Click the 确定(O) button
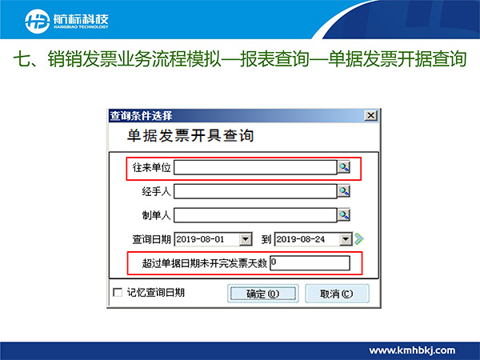(x=262, y=294)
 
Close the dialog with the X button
(x=370, y=116)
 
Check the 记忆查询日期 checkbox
(x=118, y=292)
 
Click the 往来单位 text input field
(x=255, y=167)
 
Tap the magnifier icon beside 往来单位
(x=344, y=167)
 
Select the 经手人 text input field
(x=255, y=191)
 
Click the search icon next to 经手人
(x=344, y=191)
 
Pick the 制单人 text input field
(x=255, y=215)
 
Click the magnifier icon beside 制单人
(x=344, y=215)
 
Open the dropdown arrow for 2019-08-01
(x=246, y=239)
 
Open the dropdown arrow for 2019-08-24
(x=346, y=239)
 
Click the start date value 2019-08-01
(x=201, y=239)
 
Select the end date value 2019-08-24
(x=301, y=239)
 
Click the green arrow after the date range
(x=359, y=238)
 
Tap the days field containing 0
(x=310, y=263)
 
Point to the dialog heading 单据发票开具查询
(x=190, y=136)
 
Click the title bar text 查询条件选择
(x=141, y=116)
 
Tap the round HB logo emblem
(x=38, y=22)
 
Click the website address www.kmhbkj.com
(x=412, y=350)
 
